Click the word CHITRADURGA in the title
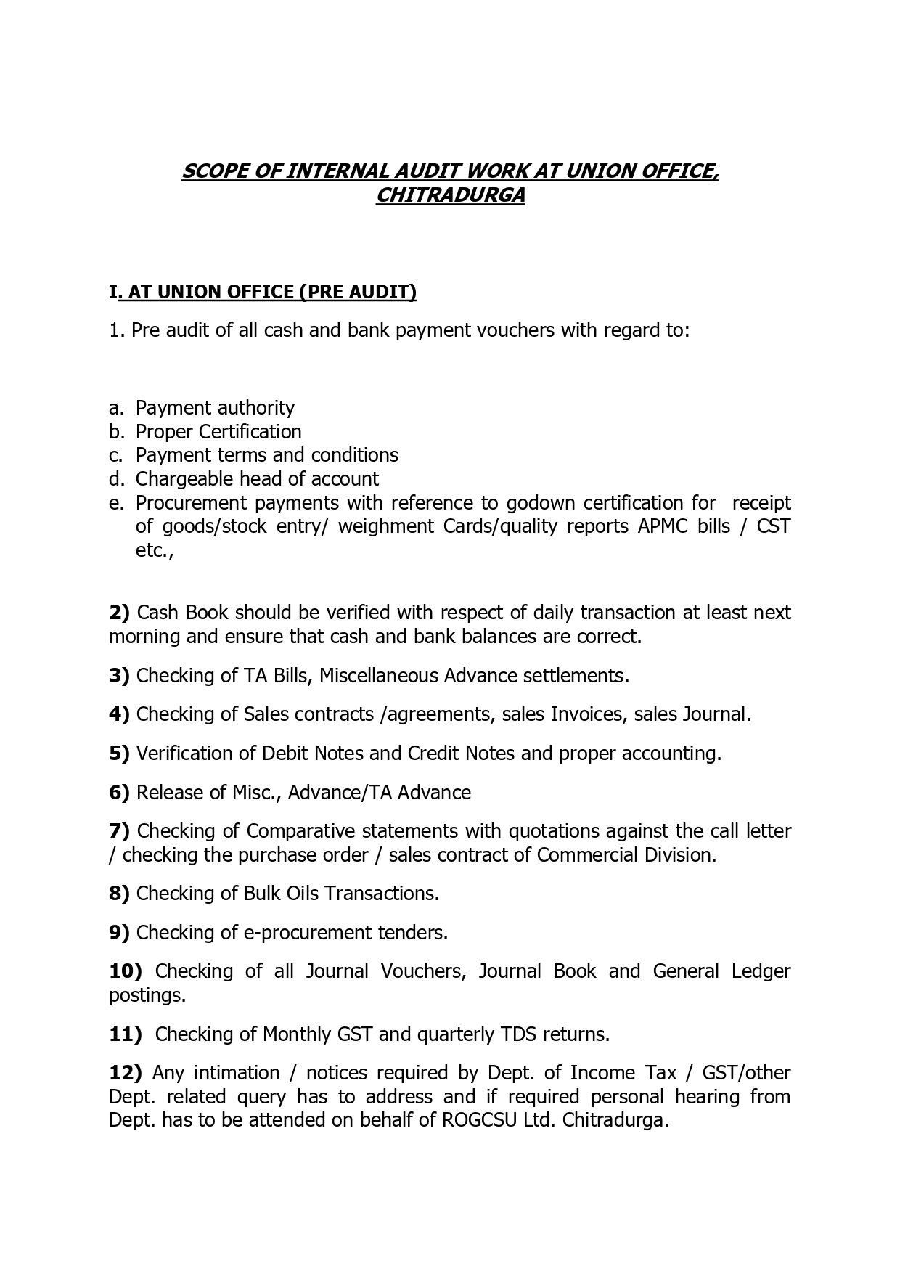tap(450, 196)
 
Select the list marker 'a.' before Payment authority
tap(117, 408)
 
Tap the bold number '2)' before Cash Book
tap(119, 613)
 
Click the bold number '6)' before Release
tap(119, 792)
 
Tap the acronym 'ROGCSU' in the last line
tap(478, 1120)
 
